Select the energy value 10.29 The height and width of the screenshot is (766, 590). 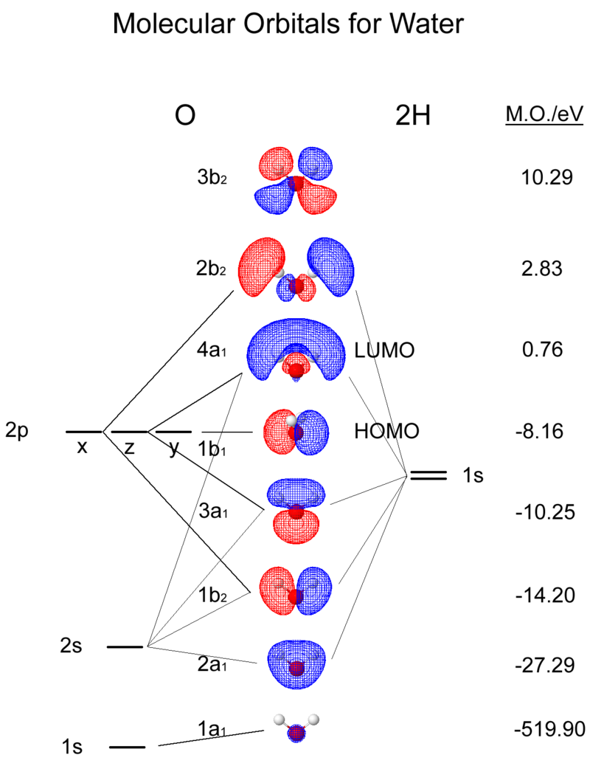[546, 177]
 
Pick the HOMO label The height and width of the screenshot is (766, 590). [386, 431]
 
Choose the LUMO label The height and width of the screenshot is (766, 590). [383, 350]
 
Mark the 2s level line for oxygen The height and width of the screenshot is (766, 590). [125, 647]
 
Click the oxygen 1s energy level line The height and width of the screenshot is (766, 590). [127, 747]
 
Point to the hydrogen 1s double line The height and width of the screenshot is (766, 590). [428, 476]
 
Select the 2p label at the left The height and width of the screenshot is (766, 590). [17, 431]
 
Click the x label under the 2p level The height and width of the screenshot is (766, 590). [83, 446]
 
